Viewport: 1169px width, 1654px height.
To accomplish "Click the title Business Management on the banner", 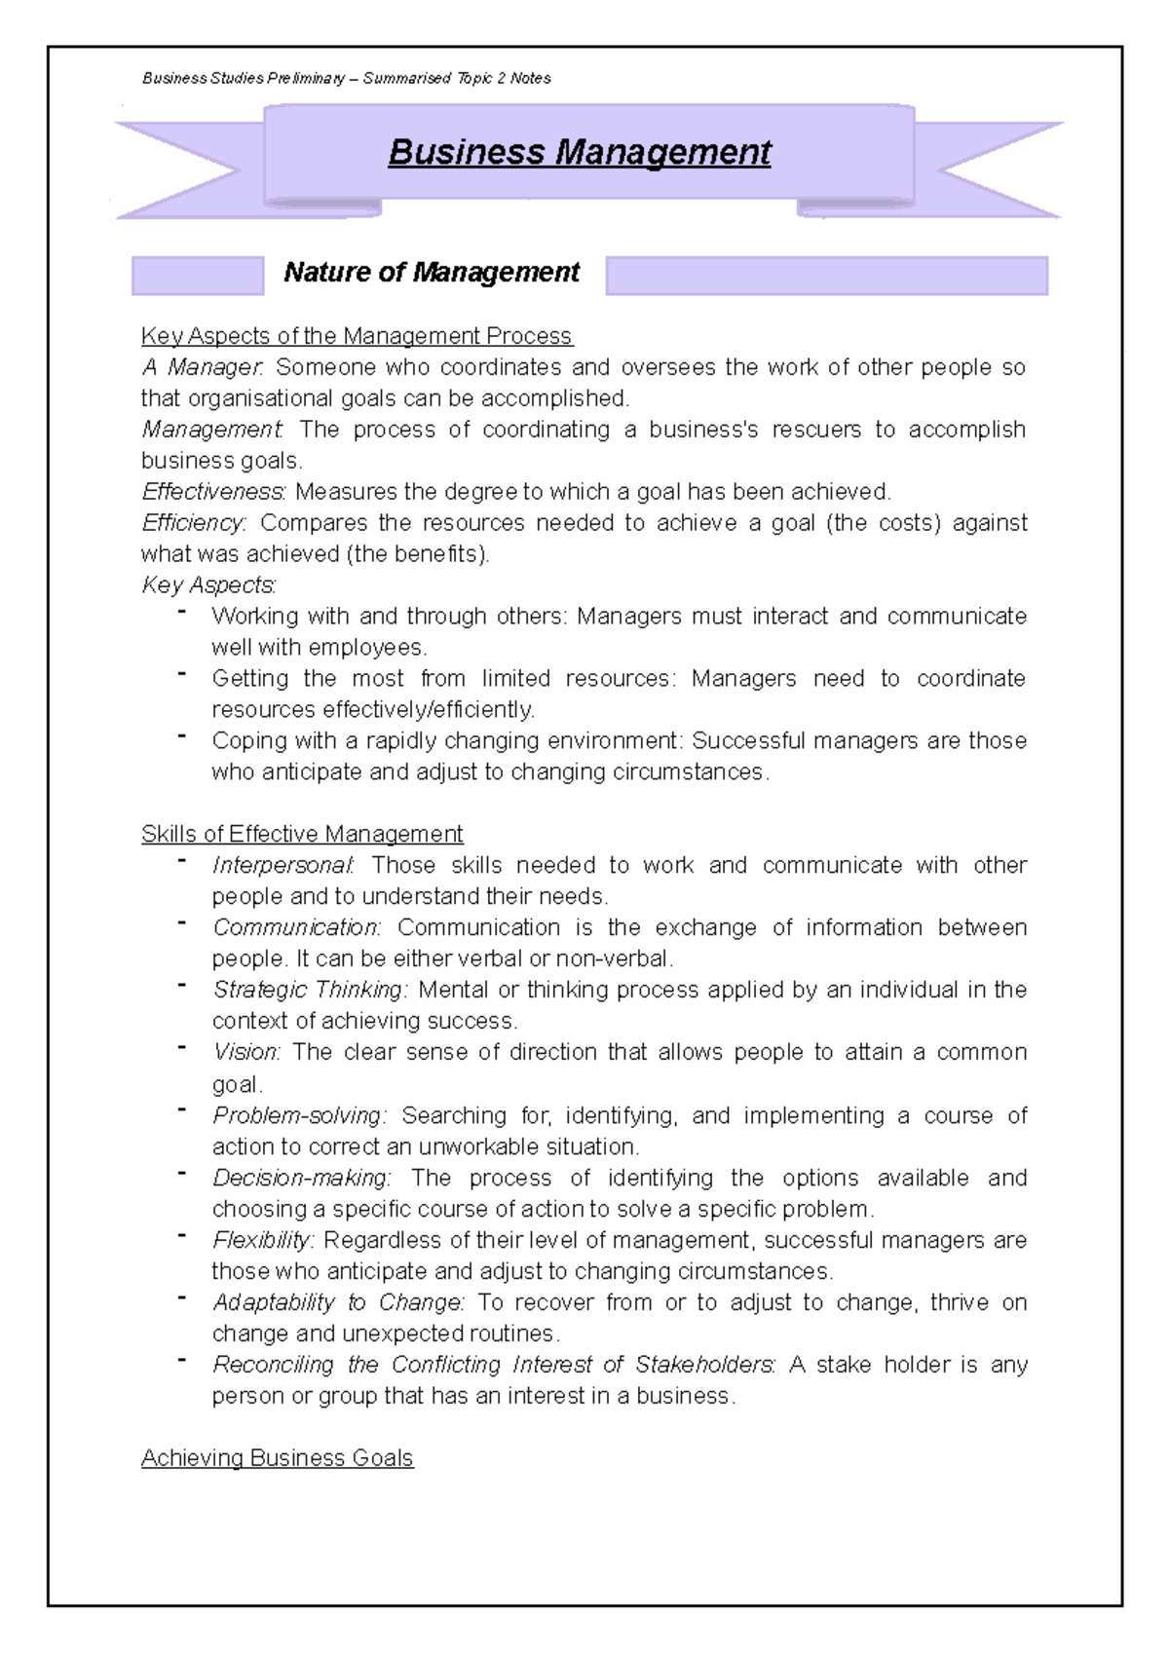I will pyautogui.click(x=579, y=153).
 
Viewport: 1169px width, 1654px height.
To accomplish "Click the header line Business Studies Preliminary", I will pyautogui.click(x=346, y=78).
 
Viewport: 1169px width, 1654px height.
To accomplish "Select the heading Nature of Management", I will pyautogui.click(x=432, y=273).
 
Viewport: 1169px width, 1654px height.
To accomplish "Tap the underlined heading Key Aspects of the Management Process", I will pyautogui.click(x=357, y=336).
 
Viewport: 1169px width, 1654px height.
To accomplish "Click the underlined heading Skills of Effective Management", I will pyautogui.click(x=302, y=835).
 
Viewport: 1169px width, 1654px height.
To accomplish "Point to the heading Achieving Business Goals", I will pyautogui.click(x=277, y=1458).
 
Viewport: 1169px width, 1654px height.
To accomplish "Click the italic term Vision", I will pyautogui.click(x=246, y=1052).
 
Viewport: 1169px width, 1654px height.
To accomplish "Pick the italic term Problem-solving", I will pyautogui.click(x=299, y=1115).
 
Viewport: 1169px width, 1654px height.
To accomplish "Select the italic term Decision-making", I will pyautogui.click(x=301, y=1178).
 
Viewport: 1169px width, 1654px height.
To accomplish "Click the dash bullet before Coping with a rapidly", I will pyautogui.click(x=181, y=736).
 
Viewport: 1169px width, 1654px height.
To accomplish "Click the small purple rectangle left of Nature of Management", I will pyautogui.click(x=198, y=276).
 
